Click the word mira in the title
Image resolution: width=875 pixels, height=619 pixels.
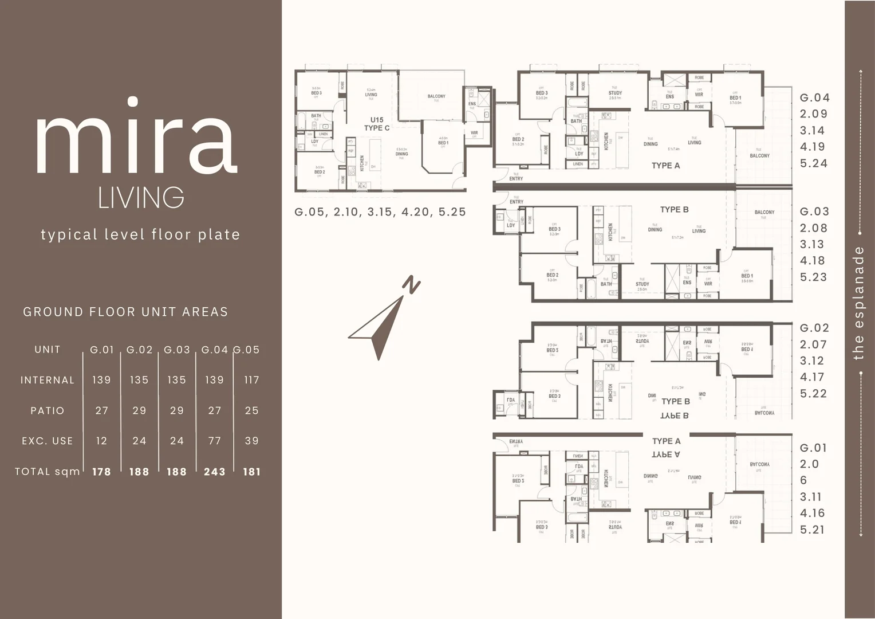click(136, 138)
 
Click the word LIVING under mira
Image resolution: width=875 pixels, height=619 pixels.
click(141, 198)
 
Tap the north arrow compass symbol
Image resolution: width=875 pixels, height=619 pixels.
click(383, 321)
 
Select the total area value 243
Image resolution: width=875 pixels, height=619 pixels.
click(215, 472)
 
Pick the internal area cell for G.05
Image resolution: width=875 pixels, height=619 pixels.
click(251, 380)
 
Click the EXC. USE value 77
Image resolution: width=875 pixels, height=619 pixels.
click(215, 441)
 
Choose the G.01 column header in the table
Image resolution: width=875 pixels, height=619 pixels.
click(102, 350)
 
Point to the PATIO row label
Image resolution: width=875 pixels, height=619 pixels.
click(48, 410)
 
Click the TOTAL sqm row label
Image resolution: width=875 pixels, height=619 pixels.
click(48, 472)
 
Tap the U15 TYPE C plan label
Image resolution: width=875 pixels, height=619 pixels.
click(377, 124)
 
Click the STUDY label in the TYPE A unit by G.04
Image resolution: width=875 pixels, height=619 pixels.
click(615, 93)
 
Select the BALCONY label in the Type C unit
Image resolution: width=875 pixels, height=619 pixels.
click(436, 96)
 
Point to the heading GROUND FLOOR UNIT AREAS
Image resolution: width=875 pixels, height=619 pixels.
click(125, 312)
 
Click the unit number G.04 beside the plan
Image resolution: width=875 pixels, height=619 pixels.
click(814, 98)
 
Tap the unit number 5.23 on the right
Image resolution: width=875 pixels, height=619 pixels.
click(813, 277)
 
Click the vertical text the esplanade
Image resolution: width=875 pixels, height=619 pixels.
click(858, 303)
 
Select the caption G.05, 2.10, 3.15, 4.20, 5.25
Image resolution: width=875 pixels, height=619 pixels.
click(380, 212)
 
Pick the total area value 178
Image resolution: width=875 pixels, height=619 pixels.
click(101, 472)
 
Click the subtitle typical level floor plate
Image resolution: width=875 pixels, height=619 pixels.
click(140, 234)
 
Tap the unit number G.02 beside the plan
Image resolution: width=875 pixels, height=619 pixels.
click(814, 328)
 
